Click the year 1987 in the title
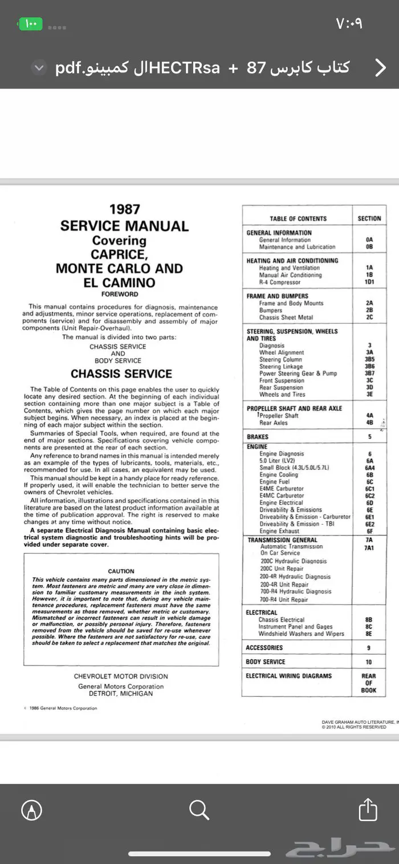coord(124,210)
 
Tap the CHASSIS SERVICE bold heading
coord(121,374)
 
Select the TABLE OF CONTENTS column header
coord(298,218)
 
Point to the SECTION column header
coord(369,218)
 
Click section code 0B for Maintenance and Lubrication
coord(369,247)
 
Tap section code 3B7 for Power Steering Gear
coord(369,374)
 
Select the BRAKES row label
coord(258,436)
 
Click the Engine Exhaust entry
coord(279,531)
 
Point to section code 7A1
coord(369,547)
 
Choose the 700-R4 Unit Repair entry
coord(284,599)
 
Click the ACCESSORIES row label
coord(264,647)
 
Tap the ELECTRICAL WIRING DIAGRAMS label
coord(288,676)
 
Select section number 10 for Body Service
coord(369,662)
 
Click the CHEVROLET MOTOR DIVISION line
coord(121,676)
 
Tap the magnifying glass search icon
coord(198,809)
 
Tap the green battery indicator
coord(30,24)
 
